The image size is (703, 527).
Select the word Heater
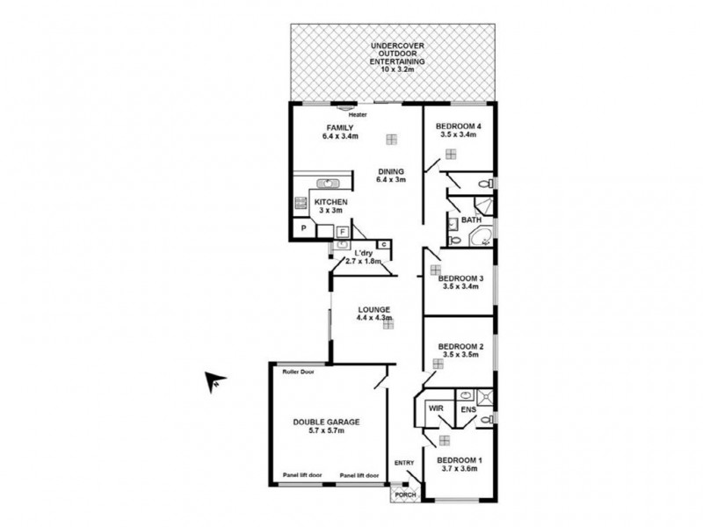click(358, 115)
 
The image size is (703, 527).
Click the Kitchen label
click(331, 207)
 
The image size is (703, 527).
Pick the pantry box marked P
click(303, 228)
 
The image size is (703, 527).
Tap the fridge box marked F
click(343, 232)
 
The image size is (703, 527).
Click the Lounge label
click(373, 314)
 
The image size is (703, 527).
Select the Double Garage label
click(326, 426)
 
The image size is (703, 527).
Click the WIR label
click(435, 409)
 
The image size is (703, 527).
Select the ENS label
click(467, 409)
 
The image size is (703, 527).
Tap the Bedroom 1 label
click(460, 466)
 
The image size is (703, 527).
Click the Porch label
click(405, 494)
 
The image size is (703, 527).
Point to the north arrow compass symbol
click(214, 380)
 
